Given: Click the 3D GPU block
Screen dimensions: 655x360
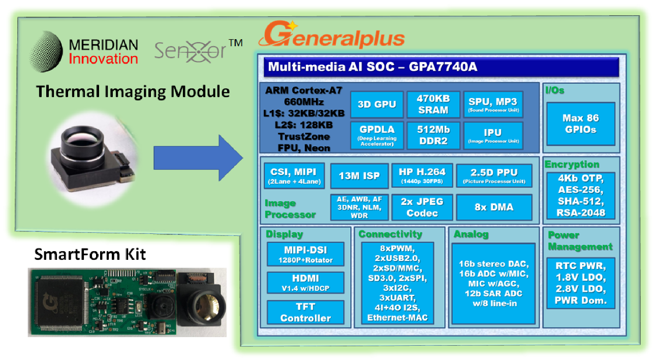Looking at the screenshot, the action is coord(377,104).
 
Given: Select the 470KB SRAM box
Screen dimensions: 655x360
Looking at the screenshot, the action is coord(433,104).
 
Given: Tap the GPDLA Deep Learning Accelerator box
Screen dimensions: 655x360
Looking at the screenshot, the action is coord(377,136).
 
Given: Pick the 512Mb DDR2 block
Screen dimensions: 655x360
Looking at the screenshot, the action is coord(433,136).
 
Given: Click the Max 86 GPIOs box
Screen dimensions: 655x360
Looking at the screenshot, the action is coord(581,124).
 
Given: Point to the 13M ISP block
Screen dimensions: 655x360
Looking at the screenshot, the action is coord(359,175).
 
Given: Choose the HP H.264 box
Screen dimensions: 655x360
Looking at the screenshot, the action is coord(422,175).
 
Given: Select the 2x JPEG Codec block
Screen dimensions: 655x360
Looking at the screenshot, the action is coord(422,207).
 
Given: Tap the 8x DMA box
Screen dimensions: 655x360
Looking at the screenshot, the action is coord(494,207).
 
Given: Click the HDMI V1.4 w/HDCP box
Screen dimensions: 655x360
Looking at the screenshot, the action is coord(305,283).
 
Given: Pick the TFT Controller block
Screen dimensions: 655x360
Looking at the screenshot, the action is coord(305,312).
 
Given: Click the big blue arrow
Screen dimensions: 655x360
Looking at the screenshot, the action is coord(198,158).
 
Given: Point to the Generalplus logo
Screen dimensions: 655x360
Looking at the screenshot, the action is coord(331,35).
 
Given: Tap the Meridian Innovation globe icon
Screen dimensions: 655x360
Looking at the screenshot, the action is coord(46,52).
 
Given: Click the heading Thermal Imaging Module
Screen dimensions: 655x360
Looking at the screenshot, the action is coord(133,92).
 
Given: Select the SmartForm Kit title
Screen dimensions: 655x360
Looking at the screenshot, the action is coord(90,254).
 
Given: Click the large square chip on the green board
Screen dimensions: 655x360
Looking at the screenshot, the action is coord(61,303).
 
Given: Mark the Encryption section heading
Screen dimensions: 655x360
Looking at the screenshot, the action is coord(572,164).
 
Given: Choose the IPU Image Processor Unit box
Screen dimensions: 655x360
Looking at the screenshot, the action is coord(493,136).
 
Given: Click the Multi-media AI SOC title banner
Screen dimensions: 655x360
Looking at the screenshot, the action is coord(441,67).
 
